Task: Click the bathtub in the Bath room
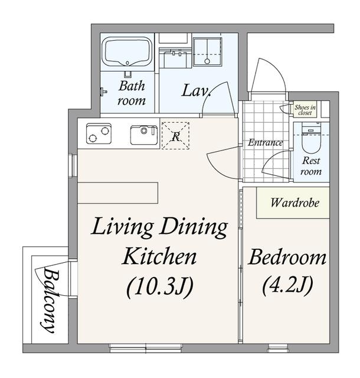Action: pos(127,51)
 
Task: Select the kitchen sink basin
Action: pos(144,135)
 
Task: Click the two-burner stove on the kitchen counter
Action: pos(99,133)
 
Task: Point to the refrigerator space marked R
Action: pos(175,136)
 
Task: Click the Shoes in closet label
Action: pos(305,110)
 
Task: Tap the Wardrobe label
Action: pos(294,203)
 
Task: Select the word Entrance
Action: pos(266,142)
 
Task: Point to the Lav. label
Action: pos(197,90)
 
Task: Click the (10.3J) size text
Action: pos(160,287)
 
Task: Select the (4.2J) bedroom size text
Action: pos(288,286)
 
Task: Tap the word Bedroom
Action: pos(287,258)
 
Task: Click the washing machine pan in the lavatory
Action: pos(207,51)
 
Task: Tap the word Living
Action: pos(122,227)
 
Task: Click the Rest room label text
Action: pos(311,166)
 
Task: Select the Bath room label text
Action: pos(132,93)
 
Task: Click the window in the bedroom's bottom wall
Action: pos(279,348)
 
